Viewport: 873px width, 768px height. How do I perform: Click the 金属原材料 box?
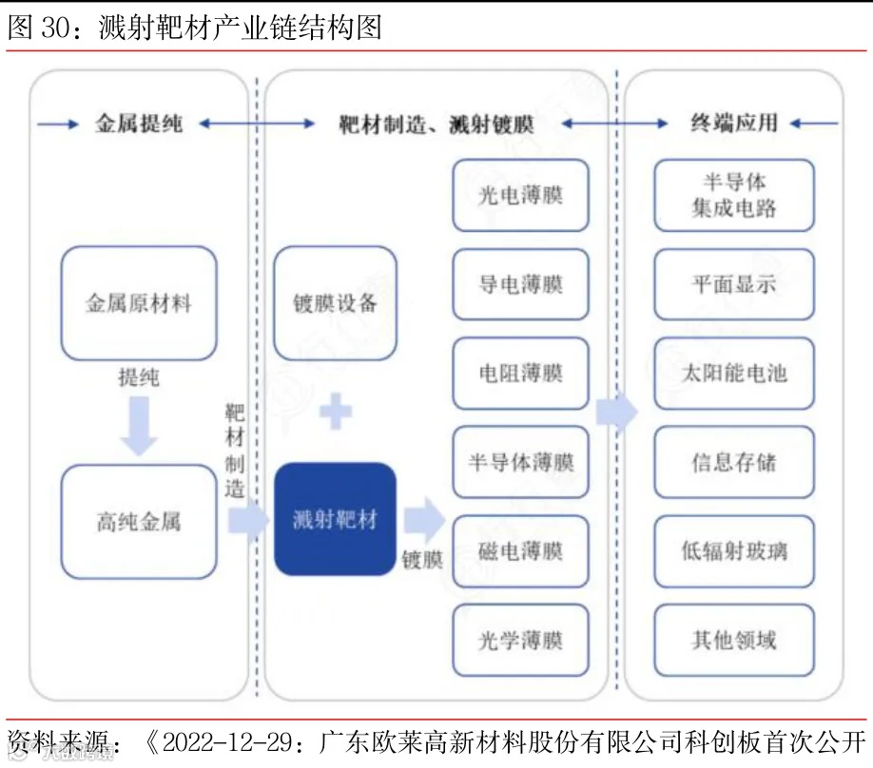click(139, 304)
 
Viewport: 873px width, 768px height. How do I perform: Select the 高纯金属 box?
click(139, 521)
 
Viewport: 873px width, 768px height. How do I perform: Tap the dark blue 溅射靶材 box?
click(335, 519)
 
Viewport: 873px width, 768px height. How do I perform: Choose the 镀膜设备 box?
click(335, 303)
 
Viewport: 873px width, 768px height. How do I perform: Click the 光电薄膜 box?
click(520, 195)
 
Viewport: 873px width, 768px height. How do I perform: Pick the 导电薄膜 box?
click(520, 284)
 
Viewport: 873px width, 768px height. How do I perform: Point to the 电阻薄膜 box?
click(520, 374)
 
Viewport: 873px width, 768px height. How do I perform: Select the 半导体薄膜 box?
click(520, 463)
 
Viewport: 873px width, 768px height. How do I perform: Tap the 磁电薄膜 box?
click(520, 551)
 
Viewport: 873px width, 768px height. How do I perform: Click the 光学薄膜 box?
click(520, 641)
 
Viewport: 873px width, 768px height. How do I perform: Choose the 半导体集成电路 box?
click(733, 195)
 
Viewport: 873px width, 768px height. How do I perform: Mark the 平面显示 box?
click(733, 284)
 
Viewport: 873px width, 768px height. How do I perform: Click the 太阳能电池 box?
click(733, 374)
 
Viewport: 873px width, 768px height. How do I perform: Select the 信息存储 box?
click(733, 463)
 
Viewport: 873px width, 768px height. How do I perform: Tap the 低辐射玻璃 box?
click(733, 551)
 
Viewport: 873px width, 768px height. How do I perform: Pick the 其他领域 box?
click(733, 641)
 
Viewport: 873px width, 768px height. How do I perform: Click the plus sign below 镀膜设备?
click(335, 412)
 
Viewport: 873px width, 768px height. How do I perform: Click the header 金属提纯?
click(139, 124)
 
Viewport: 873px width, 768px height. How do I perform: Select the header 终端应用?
click(733, 124)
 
